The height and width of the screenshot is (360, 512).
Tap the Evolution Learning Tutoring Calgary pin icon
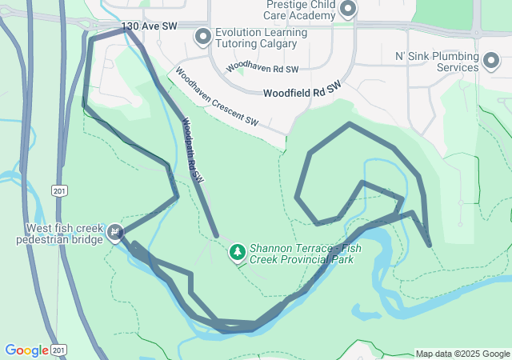(203, 36)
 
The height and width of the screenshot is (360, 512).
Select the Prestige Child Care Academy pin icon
(348, 10)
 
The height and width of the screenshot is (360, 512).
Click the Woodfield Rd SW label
(302, 90)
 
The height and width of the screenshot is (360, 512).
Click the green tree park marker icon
(237, 253)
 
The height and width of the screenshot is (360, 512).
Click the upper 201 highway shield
(59, 190)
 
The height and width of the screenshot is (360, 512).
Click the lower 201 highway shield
(59, 350)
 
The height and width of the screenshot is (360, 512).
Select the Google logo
(26, 350)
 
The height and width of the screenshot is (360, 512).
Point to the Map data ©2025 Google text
(462, 354)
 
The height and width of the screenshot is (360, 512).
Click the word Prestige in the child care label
(289, 4)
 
